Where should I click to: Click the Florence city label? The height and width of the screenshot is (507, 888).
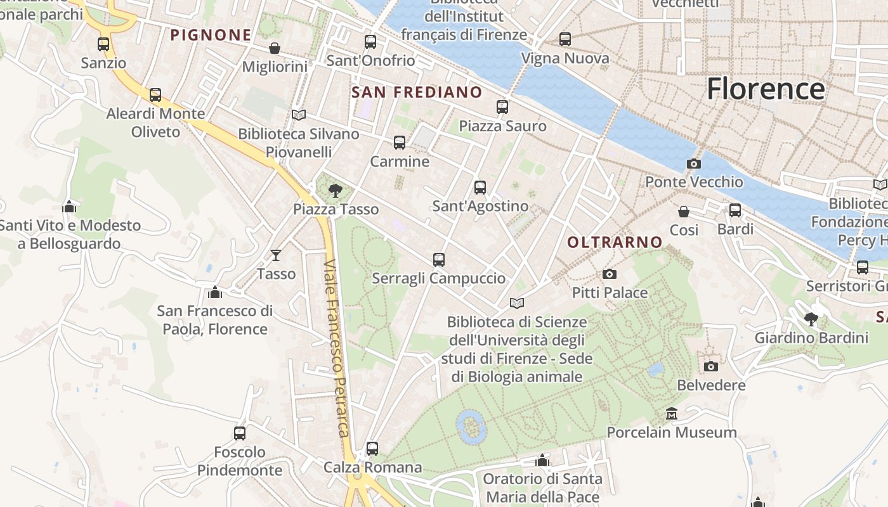(x=766, y=89)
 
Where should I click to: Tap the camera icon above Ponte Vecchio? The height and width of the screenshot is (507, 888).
(x=693, y=164)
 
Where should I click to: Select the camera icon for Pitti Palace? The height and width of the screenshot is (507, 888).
(x=610, y=274)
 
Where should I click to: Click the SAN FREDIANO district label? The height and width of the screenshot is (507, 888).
(x=417, y=93)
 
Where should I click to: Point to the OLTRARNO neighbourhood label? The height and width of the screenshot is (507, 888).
(x=615, y=242)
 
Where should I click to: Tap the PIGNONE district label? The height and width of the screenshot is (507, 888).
(x=211, y=35)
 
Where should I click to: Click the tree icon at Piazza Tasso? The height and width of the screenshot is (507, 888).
(x=335, y=189)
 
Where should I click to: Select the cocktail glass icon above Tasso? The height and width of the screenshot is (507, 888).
(x=276, y=255)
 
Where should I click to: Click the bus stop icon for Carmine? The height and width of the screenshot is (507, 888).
(x=400, y=143)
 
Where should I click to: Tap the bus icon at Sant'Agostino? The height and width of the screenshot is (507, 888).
(x=480, y=187)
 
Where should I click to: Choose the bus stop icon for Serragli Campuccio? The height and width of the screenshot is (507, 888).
(x=439, y=259)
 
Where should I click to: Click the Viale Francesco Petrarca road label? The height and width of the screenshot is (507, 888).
(x=336, y=349)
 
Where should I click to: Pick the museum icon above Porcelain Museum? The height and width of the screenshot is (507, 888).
(x=672, y=414)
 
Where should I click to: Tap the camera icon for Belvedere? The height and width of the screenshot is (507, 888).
(x=711, y=366)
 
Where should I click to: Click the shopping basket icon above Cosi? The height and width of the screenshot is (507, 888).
(x=684, y=211)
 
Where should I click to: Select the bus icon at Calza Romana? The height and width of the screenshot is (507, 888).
(x=372, y=449)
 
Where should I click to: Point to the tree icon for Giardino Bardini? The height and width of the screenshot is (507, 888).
(x=811, y=319)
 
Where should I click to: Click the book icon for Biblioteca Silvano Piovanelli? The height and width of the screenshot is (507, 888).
(x=299, y=115)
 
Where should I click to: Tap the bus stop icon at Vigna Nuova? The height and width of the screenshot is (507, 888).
(x=565, y=39)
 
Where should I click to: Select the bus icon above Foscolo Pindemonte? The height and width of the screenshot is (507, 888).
(x=239, y=433)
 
